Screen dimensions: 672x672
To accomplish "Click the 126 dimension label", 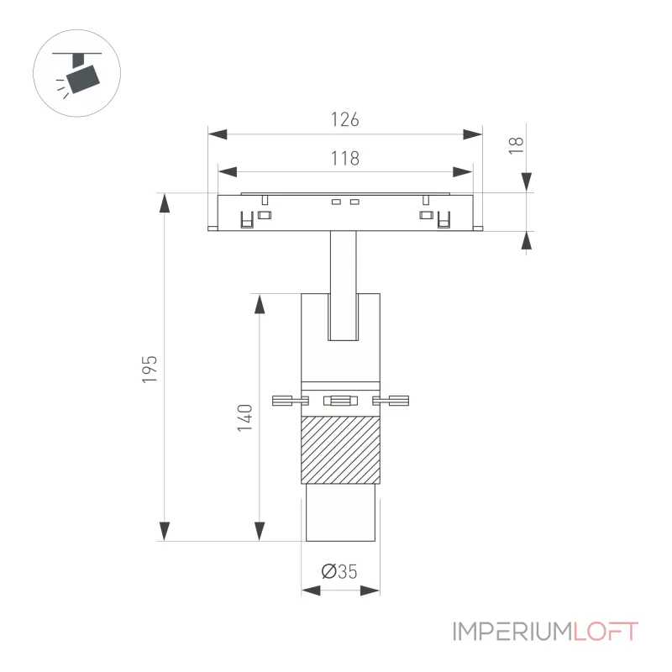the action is coord(344,119).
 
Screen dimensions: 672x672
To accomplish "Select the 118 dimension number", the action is coord(344,159).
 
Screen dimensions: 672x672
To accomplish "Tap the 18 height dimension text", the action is coord(516,145).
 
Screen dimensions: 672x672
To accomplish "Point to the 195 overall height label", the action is coord(150,369).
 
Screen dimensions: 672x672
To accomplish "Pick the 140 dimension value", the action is coord(245,417).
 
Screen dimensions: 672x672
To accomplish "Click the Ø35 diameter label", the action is coord(339,571).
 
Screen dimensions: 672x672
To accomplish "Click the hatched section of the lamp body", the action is coord(341,449).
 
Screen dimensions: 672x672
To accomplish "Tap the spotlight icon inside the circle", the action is coord(77,73).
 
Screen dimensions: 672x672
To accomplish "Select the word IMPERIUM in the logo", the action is coord(512,632).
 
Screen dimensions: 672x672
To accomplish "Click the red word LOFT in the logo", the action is coord(606,632).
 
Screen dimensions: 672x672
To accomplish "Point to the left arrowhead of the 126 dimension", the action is coord(218,134).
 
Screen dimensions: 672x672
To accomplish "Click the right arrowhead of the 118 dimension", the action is coord(463,172).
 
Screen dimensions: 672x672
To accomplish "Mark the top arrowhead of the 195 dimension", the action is coord(165,202).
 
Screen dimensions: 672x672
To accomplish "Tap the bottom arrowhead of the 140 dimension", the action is coord(260,532).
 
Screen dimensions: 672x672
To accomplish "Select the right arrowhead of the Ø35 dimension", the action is coord(370,591).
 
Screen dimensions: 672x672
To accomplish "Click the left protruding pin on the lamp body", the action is coord(290,401).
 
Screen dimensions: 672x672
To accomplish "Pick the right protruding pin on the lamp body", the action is coord(391,401).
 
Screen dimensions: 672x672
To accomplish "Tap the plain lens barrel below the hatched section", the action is coord(341,512).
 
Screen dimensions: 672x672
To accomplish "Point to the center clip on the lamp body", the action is coord(341,401).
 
